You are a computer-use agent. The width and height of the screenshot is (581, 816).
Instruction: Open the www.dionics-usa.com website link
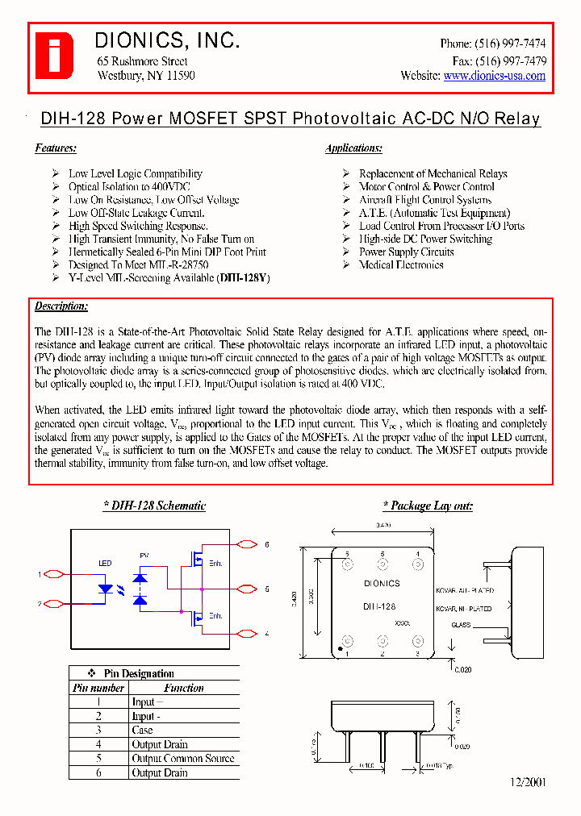494,76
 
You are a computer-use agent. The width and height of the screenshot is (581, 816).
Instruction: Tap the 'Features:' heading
56,148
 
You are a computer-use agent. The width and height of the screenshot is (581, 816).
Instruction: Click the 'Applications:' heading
353,148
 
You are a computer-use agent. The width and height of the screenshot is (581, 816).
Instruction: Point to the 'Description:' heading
61,306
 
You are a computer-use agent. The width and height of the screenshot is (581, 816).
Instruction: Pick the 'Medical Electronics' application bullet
401,265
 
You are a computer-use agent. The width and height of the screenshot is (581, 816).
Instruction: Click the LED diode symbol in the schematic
105,589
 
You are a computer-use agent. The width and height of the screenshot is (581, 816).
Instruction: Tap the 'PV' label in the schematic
144,556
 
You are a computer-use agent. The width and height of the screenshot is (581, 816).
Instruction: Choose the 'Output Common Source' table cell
183,759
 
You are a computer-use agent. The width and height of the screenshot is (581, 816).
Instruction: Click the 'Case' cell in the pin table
142,731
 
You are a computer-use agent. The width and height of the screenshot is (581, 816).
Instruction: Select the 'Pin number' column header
98,689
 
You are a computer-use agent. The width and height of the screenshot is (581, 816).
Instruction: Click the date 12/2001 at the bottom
528,783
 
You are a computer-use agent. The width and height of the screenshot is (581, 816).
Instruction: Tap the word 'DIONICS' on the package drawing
381,583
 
